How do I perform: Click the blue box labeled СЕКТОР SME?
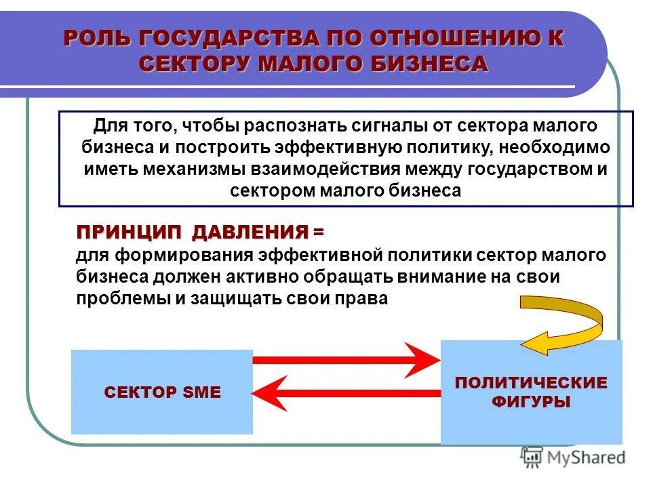162,392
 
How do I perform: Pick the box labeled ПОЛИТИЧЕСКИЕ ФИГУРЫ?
531,392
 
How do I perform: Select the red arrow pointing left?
346,392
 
